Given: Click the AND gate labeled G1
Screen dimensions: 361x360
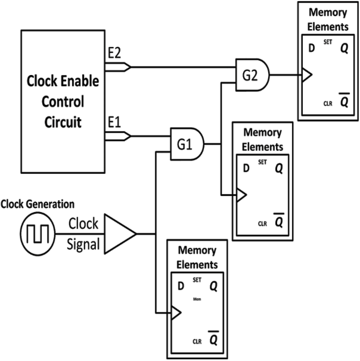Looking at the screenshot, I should [x=187, y=143].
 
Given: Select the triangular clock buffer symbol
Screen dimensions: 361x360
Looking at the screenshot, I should [x=119, y=232].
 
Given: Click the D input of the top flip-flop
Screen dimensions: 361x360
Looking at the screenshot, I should [x=311, y=48].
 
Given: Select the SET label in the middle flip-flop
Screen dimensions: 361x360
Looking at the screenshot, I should [x=263, y=163].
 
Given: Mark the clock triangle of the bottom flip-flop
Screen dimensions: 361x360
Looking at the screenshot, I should [x=176, y=313].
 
